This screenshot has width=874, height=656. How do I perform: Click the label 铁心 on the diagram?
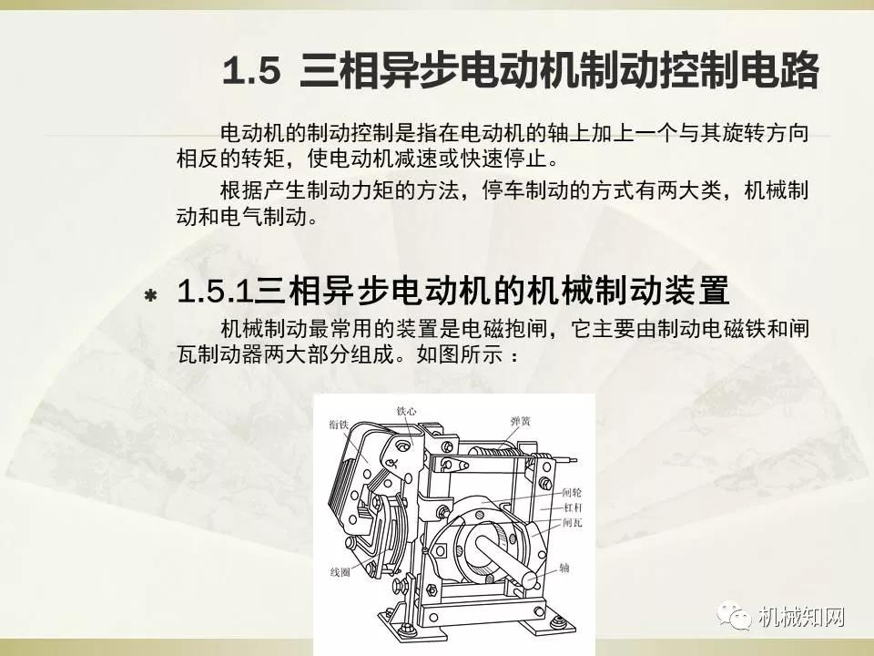(407, 412)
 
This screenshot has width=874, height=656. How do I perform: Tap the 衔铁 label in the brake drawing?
(338, 422)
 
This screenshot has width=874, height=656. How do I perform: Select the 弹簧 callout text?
(521, 421)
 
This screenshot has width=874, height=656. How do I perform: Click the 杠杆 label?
(572, 507)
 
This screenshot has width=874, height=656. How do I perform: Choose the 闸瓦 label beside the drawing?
(572, 523)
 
